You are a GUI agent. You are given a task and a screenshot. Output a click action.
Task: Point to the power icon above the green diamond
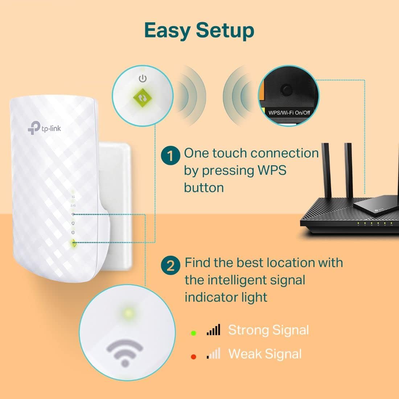pos(143,78)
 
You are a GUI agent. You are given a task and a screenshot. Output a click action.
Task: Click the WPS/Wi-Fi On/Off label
pos(289,112)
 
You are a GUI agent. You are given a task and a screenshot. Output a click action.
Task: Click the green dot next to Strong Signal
pos(194,333)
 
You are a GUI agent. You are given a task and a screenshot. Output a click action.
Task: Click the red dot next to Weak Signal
pos(194,357)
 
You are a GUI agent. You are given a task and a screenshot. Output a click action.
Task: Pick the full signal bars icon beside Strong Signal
pos(213,330)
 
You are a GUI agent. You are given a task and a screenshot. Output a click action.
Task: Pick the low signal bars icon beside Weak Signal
pos(213,354)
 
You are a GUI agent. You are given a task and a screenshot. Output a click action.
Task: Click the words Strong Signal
pos(268,330)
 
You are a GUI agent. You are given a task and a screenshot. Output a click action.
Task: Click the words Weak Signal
pos(265,354)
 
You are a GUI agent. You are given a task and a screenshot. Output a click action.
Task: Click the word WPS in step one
pos(271,170)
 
